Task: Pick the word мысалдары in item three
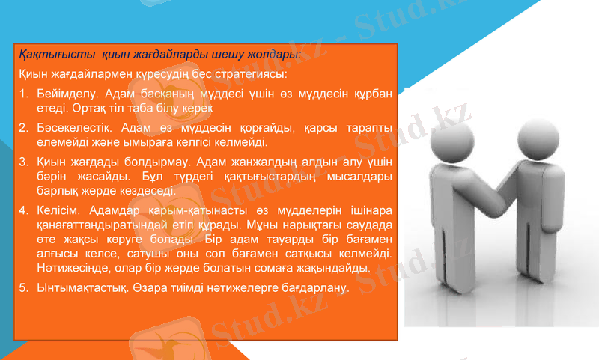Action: (x=361, y=177)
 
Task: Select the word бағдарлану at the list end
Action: (x=318, y=287)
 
